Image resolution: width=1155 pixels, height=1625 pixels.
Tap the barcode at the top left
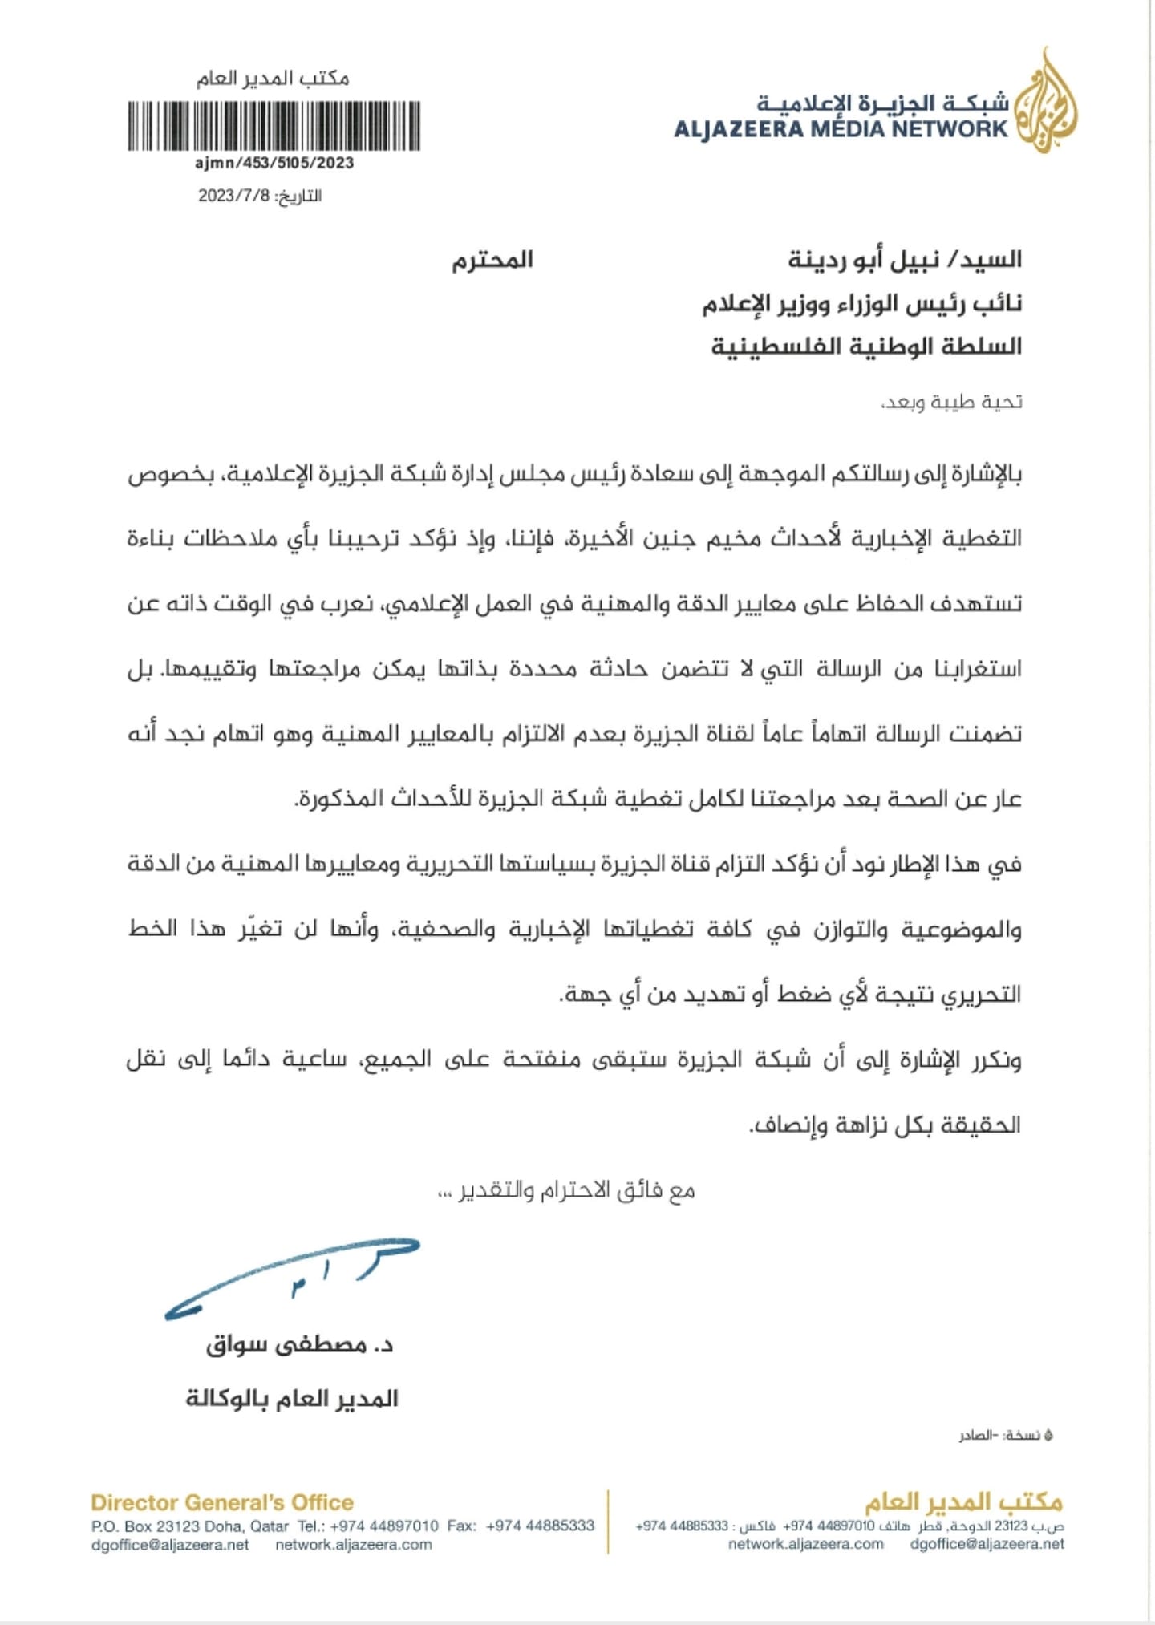click(x=274, y=126)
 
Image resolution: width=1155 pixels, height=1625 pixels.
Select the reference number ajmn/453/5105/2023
click(x=274, y=163)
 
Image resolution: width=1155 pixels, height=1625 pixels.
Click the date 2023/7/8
click(x=234, y=196)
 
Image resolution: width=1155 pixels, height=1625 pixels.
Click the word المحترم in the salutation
click(x=492, y=260)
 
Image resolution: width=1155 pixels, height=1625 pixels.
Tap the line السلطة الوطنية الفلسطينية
click(x=866, y=346)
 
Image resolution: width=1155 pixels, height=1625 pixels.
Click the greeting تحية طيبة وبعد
click(x=951, y=401)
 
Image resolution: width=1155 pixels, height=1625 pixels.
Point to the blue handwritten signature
click(x=292, y=1279)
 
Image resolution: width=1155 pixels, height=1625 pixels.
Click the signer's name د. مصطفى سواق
click(x=299, y=1345)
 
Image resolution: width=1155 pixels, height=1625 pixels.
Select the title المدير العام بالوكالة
click(x=292, y=1399)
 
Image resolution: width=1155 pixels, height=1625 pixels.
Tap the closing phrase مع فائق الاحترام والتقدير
click(x=566, y=1191)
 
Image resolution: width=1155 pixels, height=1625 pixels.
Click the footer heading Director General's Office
click(x=222, y=1502)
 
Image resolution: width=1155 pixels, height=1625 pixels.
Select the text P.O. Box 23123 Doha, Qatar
click(x=190, y=1526)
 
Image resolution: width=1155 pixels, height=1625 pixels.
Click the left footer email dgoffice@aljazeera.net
click(x=170, y=1545)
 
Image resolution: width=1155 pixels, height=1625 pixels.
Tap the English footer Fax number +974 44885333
click(x=540, y=1526)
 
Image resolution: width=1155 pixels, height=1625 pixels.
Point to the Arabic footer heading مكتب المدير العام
click(x=962, y=1501)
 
